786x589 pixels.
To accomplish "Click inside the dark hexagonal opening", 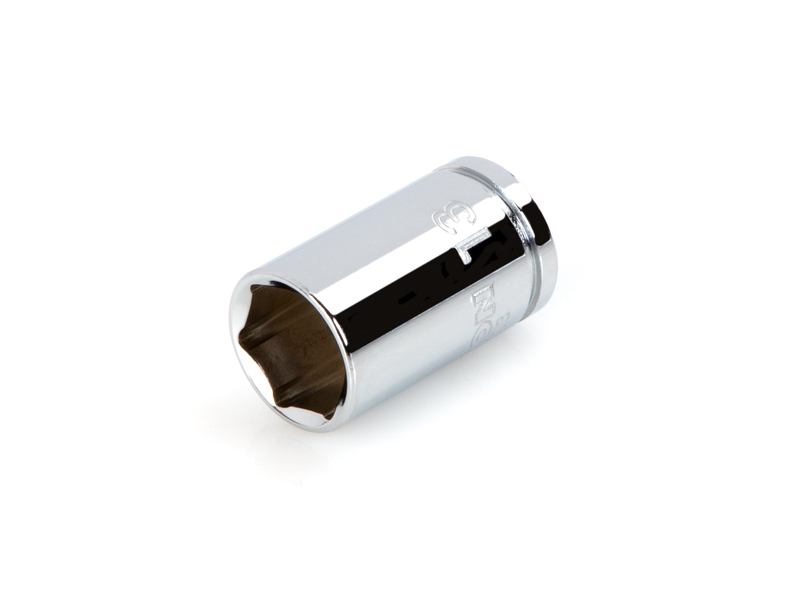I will (x=291, y=330).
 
